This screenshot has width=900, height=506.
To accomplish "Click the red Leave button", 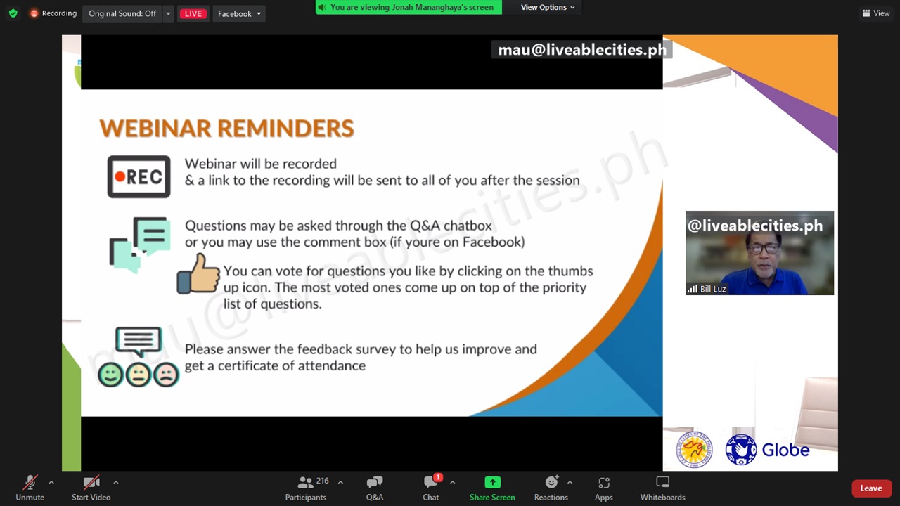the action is pos(871,488).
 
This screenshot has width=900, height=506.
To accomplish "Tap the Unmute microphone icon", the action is pos(30,482).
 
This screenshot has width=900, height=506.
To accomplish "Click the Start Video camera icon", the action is pos(91,482).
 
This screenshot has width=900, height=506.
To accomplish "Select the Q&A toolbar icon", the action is pos(375,482).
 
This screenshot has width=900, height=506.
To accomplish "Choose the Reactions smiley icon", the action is pos(552,481).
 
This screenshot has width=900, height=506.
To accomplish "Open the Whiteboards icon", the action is pos(662,481).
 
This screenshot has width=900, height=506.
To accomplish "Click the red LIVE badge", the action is pos(193,13).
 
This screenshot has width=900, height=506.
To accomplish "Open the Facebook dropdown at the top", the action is pos(239,13).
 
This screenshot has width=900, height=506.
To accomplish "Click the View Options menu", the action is pos(547,7).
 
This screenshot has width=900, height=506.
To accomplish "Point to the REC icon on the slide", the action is pos(139,176).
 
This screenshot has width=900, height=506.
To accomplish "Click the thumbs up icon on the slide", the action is pos(198,274).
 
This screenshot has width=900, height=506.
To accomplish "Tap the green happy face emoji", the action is pos(110,375).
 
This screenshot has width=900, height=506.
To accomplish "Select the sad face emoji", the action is pos(167,375).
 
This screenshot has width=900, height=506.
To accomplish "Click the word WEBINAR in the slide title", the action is pos(155,129).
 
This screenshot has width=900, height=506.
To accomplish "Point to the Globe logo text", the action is pos(785,450).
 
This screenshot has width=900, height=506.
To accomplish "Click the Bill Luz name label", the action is pos(713,289).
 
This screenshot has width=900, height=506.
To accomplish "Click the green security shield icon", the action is pos(13,13).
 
